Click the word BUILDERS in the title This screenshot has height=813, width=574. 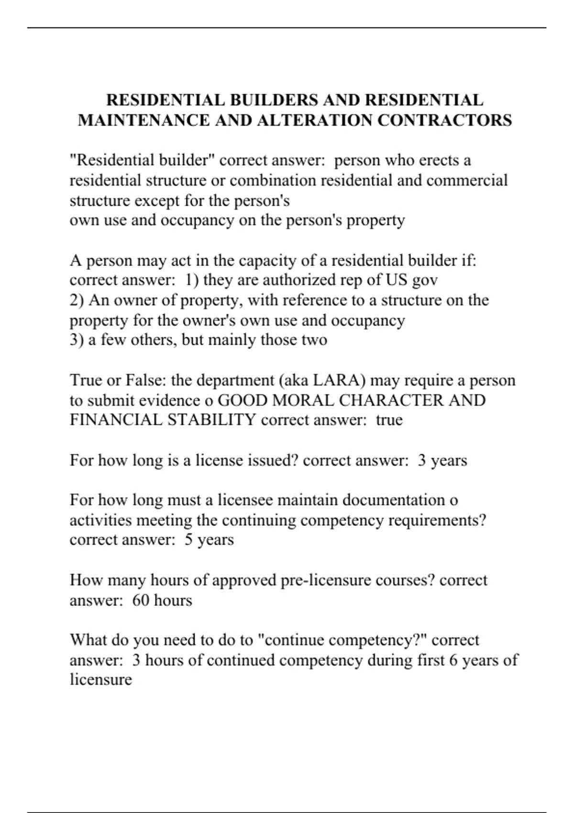[x=274, y=100]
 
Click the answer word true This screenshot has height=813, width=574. [x=389, y=420]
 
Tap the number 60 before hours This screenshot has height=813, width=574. [x=141, y=600]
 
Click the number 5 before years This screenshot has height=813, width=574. [x=188, y=540]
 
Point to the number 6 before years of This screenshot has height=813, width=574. [x=453, y=660]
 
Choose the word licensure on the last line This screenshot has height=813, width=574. [x=100, y=680]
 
